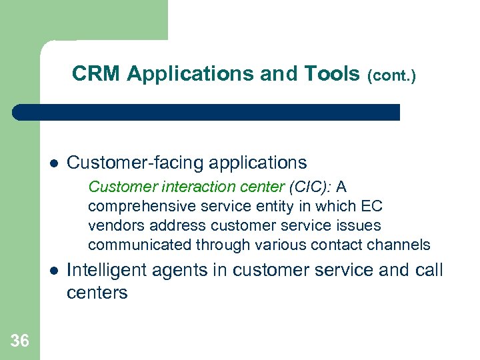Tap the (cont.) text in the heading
(x=392, y=77)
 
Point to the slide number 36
(x=20, y=341)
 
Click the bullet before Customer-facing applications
(x=54, y=163)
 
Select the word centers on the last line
(x=97, y=293)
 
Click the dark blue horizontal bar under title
(x=207, y=112)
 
